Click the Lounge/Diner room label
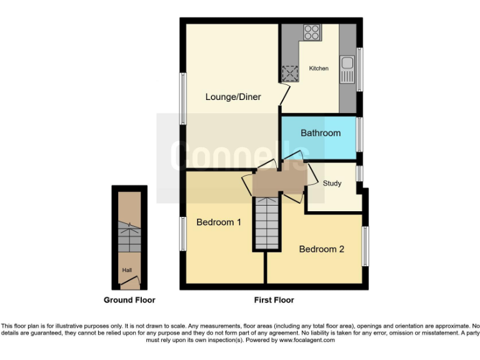click(x=233, y=97)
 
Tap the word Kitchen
click(x=319, y=68)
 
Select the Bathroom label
click(x=321, y=132)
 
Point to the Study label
click(x=332, y=183)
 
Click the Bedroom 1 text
click(x=219, y=222)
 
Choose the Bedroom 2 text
click(x=321, y=249)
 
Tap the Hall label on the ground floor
click(x=127, y=270)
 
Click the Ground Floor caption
click(x=129, y=300)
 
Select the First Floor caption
click(x=274, y=300)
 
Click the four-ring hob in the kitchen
click(x=311, y=32)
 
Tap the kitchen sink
click(x=347, y=69)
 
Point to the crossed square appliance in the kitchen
click(x=290, y=75)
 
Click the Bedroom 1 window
click(x=182, y=235)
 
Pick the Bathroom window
click(x=359, y=134)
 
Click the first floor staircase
click(x=264, y=221)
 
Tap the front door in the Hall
click(x=129, y=284)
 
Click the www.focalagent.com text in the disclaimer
click(x=306, y=341)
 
